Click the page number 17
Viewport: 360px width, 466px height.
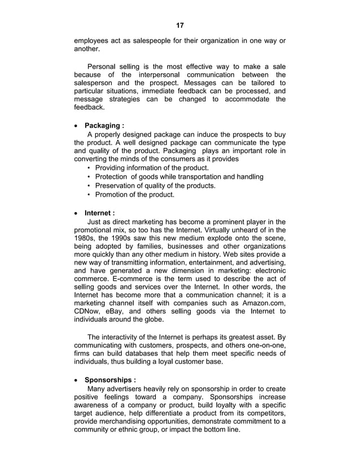pyautogui.click(x=180, y=25)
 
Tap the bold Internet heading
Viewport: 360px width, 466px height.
pyautogui.click(x=100, y=213)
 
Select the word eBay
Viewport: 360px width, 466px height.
pyautogui.click(x=127, y=311)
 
